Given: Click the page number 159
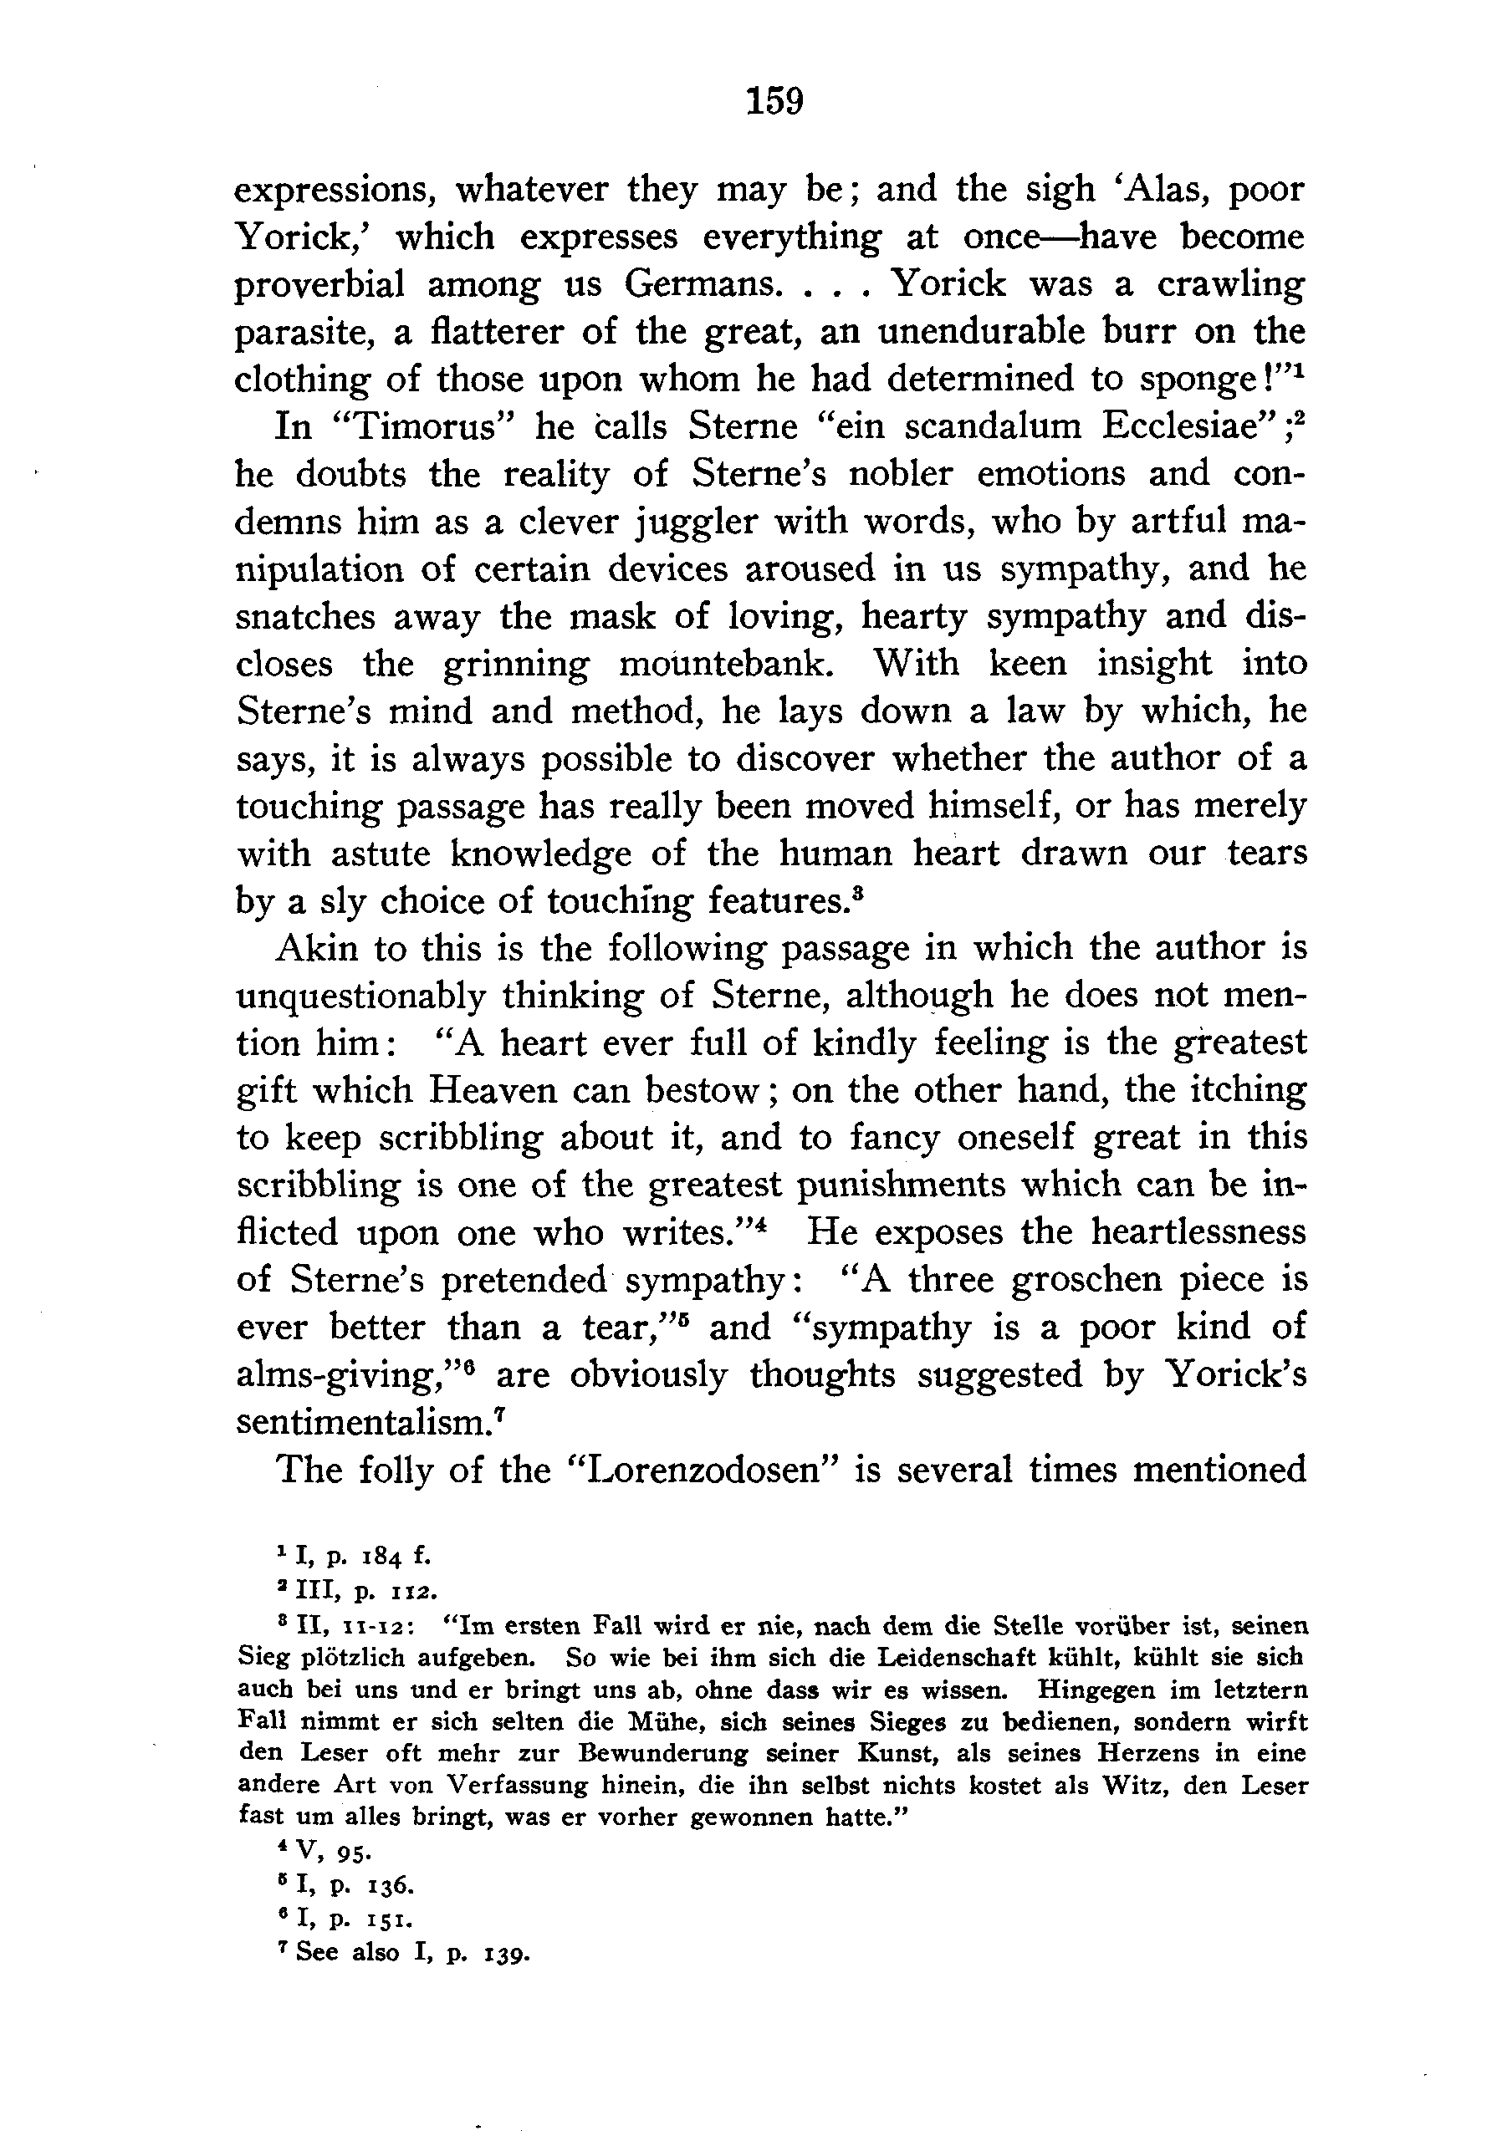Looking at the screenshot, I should click(774, 99).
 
